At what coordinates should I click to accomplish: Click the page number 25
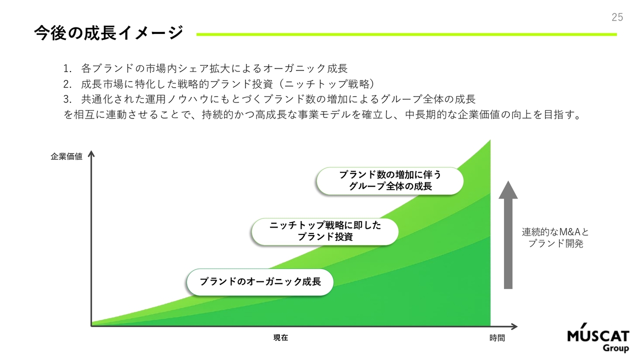[x=617, y=17]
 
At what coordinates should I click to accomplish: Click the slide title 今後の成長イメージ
[x=108, y=33]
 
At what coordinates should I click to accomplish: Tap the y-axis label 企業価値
[x=66, y=156]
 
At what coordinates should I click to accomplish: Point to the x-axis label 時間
[x=497, y=338]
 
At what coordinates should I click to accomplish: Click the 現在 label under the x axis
[x=280, y=337]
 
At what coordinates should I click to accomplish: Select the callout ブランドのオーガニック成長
[x=260, y=282]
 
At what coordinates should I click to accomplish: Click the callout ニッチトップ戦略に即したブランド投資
[x=325, y=231]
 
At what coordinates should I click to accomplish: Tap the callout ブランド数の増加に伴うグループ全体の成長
[x=390, y=181]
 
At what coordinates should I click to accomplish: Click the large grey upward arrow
[x=508, y=235]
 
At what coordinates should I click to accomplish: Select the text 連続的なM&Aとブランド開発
[x=555, y=237]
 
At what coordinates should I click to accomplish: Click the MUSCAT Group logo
[x=598, y=337]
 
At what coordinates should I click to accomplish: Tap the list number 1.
[x=67, y=68]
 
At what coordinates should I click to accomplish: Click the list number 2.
[x=67, y=84]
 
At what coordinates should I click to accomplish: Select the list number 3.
[x=67, y=99]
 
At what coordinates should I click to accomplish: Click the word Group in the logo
[x=615, y=348]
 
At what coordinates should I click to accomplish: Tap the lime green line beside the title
[x=406, y=34]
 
